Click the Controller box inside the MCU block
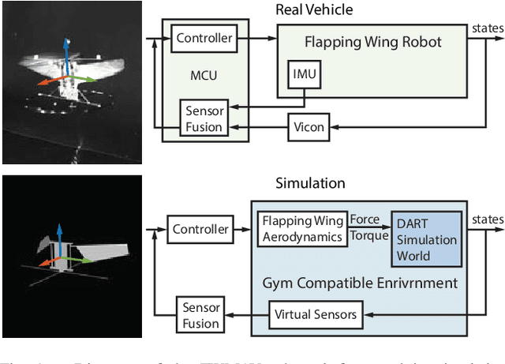click(x=204, y=38)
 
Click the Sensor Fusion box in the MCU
click(x=204, y=118)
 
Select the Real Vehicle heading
click(x=313, y=9)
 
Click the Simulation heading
click(x=310, y=183)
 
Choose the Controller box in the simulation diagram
click(x=200, y=230)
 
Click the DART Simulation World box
click(x=426, y=239)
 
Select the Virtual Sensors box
click(x=316, y=315)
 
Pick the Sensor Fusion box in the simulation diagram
click(x=201, y=315)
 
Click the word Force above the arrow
click(x=365, y=220)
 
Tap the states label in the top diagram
click(x=488, y=28)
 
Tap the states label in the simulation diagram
click(x=488, y=220)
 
